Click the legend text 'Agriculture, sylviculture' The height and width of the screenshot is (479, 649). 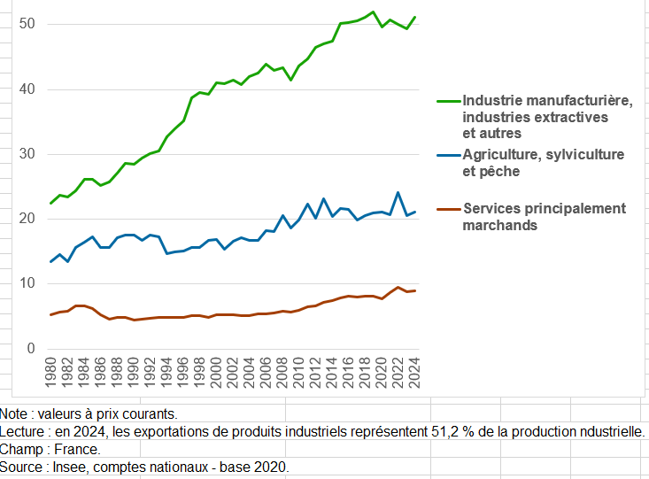click(x=543, y=155)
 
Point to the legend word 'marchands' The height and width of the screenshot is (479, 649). click(x=499, y=225)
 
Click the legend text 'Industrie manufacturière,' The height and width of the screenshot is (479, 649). click(x=547, y=101)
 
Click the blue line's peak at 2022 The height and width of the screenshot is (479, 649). click(x=398, y=192)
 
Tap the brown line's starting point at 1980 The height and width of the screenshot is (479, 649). click(x=52, y=314)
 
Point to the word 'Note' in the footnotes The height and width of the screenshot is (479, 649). click(x=14, y=413)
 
